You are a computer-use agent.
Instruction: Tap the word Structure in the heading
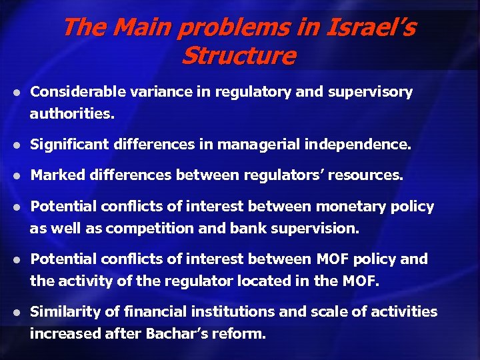238,56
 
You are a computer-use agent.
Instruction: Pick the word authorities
72,114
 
